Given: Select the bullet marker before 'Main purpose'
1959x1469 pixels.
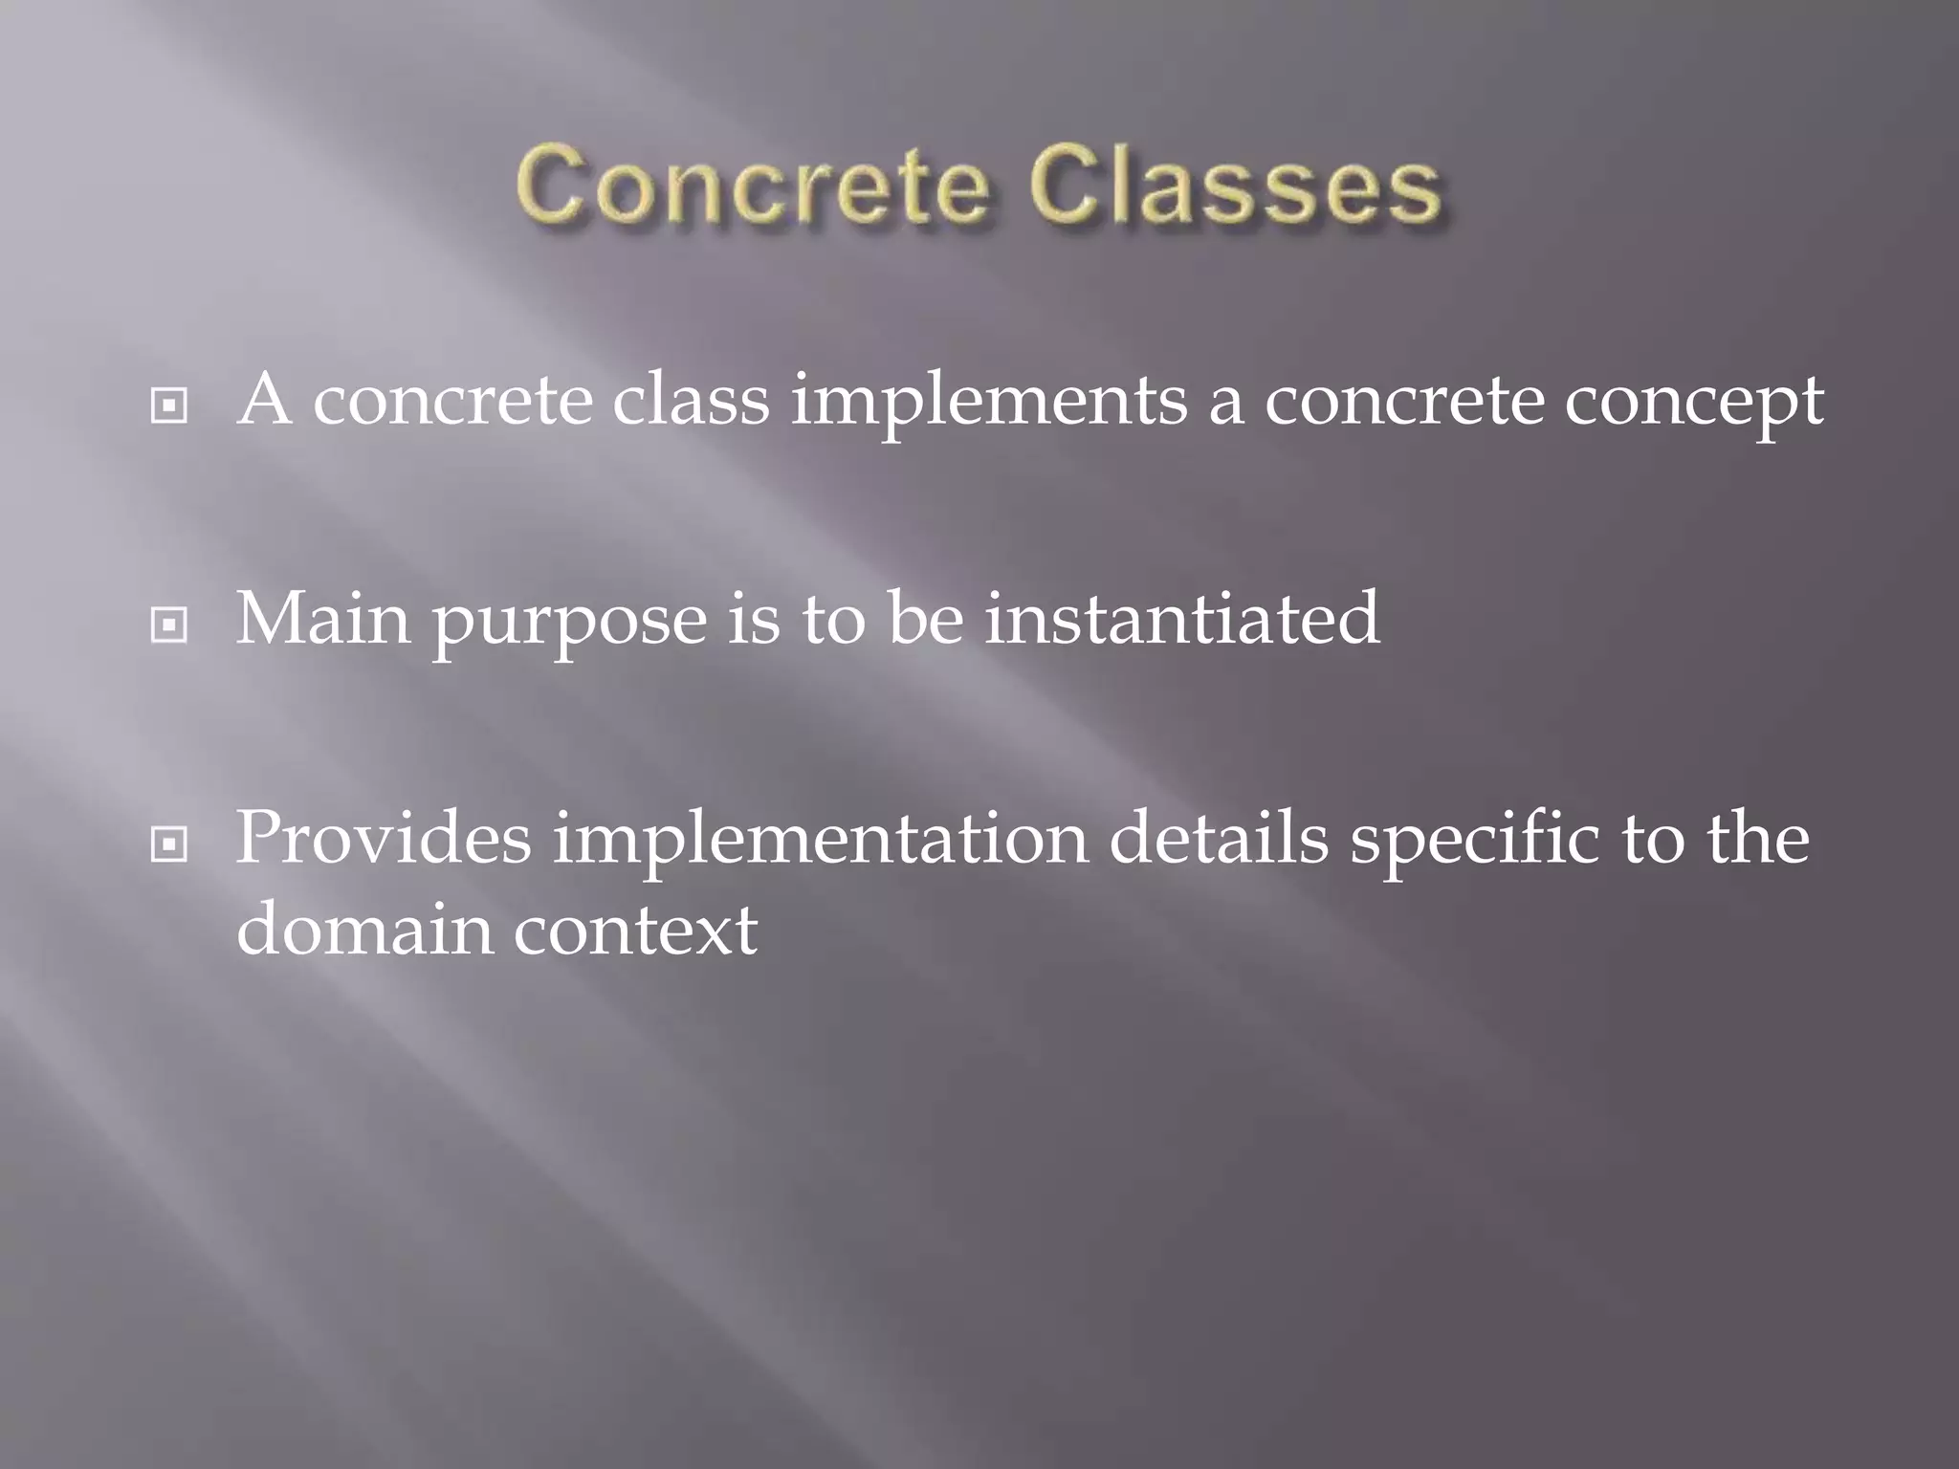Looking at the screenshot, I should [x=169, y=626].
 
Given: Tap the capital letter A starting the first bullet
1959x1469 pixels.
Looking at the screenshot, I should [x=265, y=400].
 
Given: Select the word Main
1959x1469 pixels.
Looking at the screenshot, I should [x=324, y=619].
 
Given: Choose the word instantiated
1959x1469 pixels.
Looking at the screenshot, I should [x=1182, y=619].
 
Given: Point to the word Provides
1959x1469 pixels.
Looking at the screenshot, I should [x=383, y=838].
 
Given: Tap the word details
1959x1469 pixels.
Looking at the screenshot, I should [x=1219, y=838].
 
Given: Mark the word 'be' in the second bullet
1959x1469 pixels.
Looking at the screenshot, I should [x=925, y=619].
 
